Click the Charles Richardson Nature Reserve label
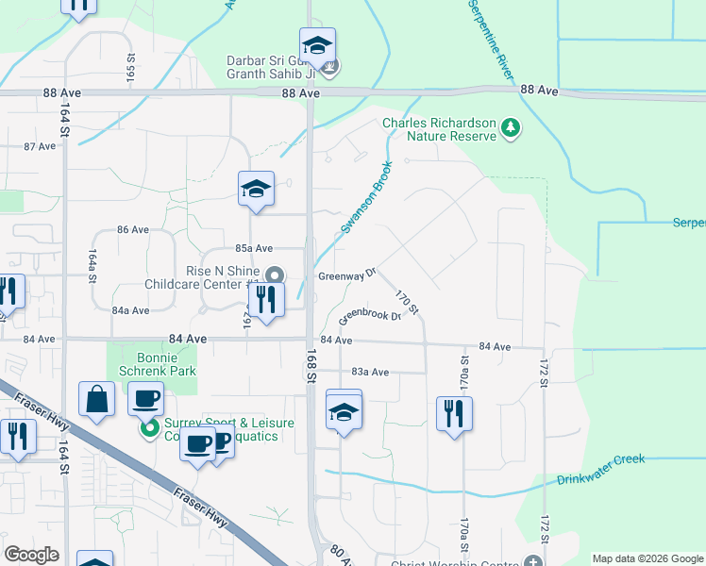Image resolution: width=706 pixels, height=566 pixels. [438, 129]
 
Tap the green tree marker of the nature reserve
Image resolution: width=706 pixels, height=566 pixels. [510, 126]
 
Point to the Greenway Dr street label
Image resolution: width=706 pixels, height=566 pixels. [346, 275]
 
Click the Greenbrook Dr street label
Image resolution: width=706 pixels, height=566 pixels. [370, 315]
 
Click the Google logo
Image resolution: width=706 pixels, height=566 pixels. [31, 555]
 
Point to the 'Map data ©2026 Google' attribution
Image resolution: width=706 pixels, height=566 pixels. [647, 558]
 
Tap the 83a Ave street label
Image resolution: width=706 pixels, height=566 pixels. [370, 373]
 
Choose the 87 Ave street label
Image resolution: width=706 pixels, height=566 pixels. [41, 146]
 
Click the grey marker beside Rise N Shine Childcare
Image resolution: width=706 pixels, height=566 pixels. [275, 275]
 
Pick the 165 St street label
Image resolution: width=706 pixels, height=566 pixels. [131, 66]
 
